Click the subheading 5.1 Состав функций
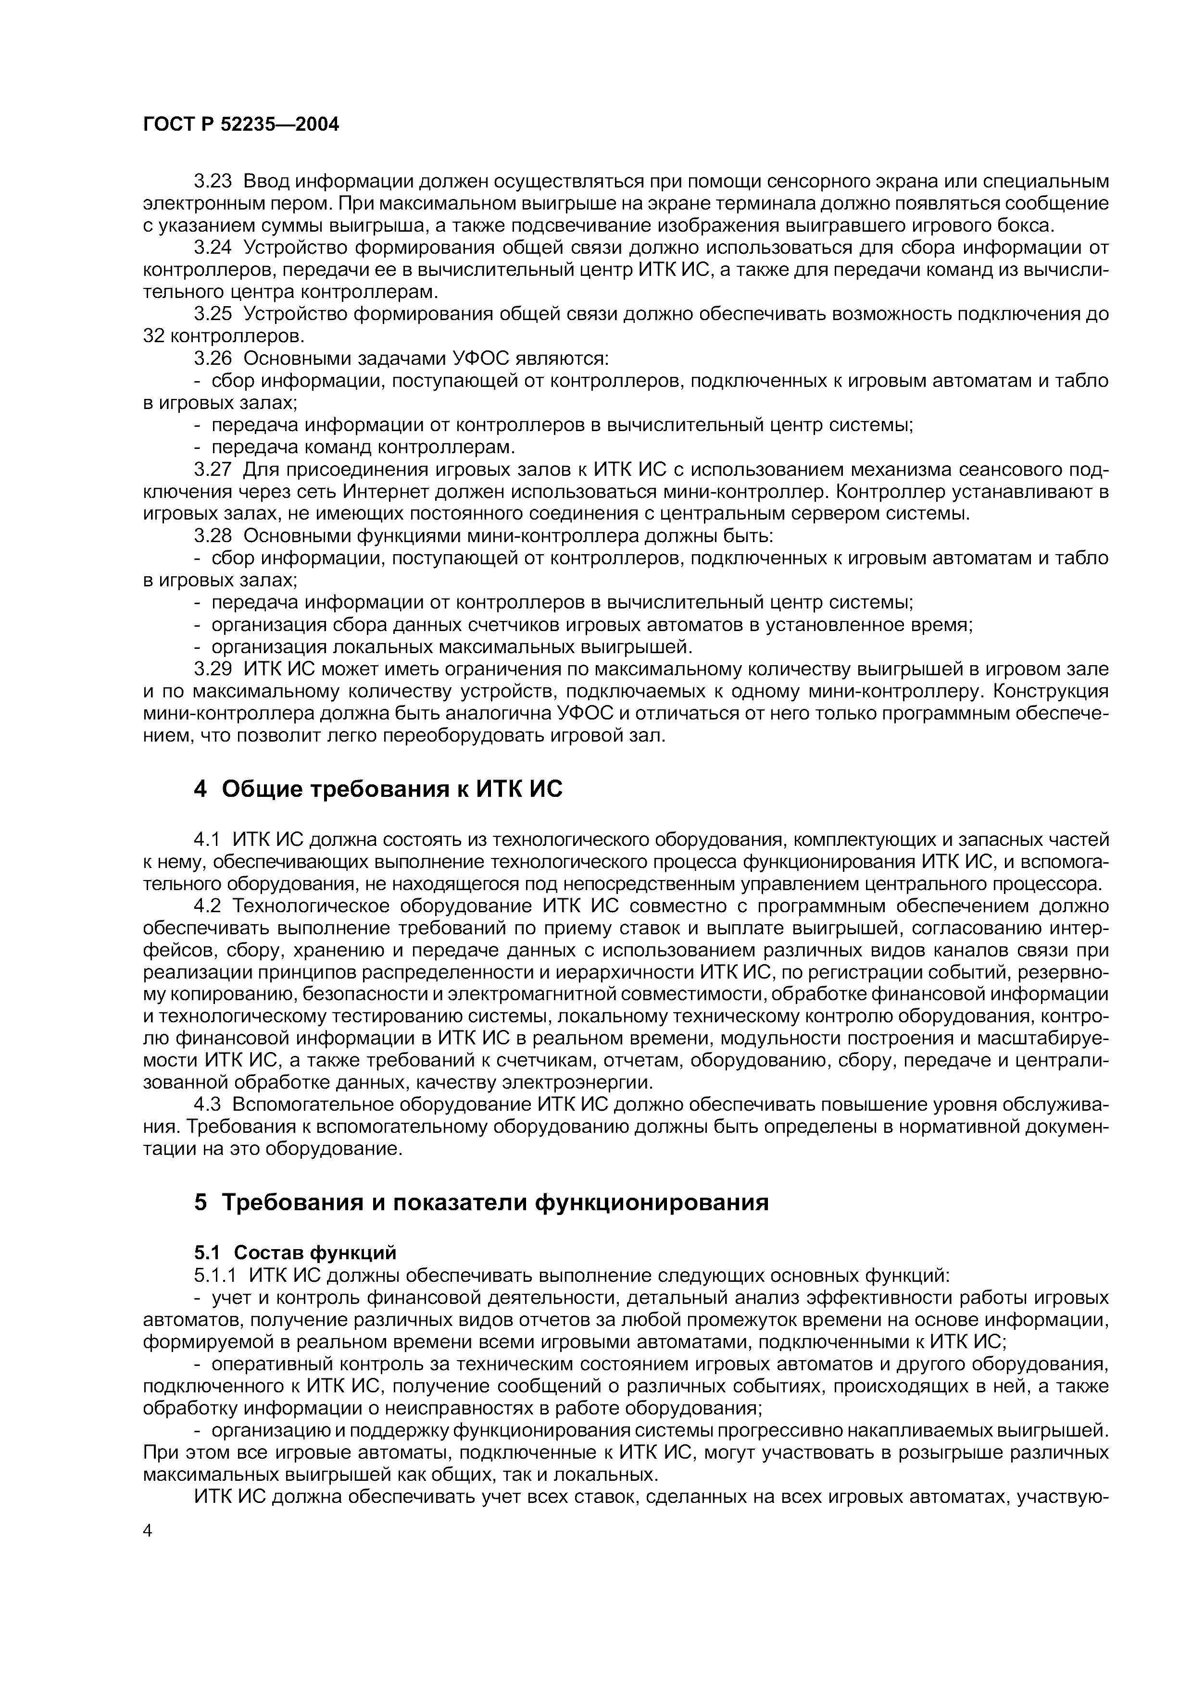[x=295, y=1252]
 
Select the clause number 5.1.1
[x=216, y=1275]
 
